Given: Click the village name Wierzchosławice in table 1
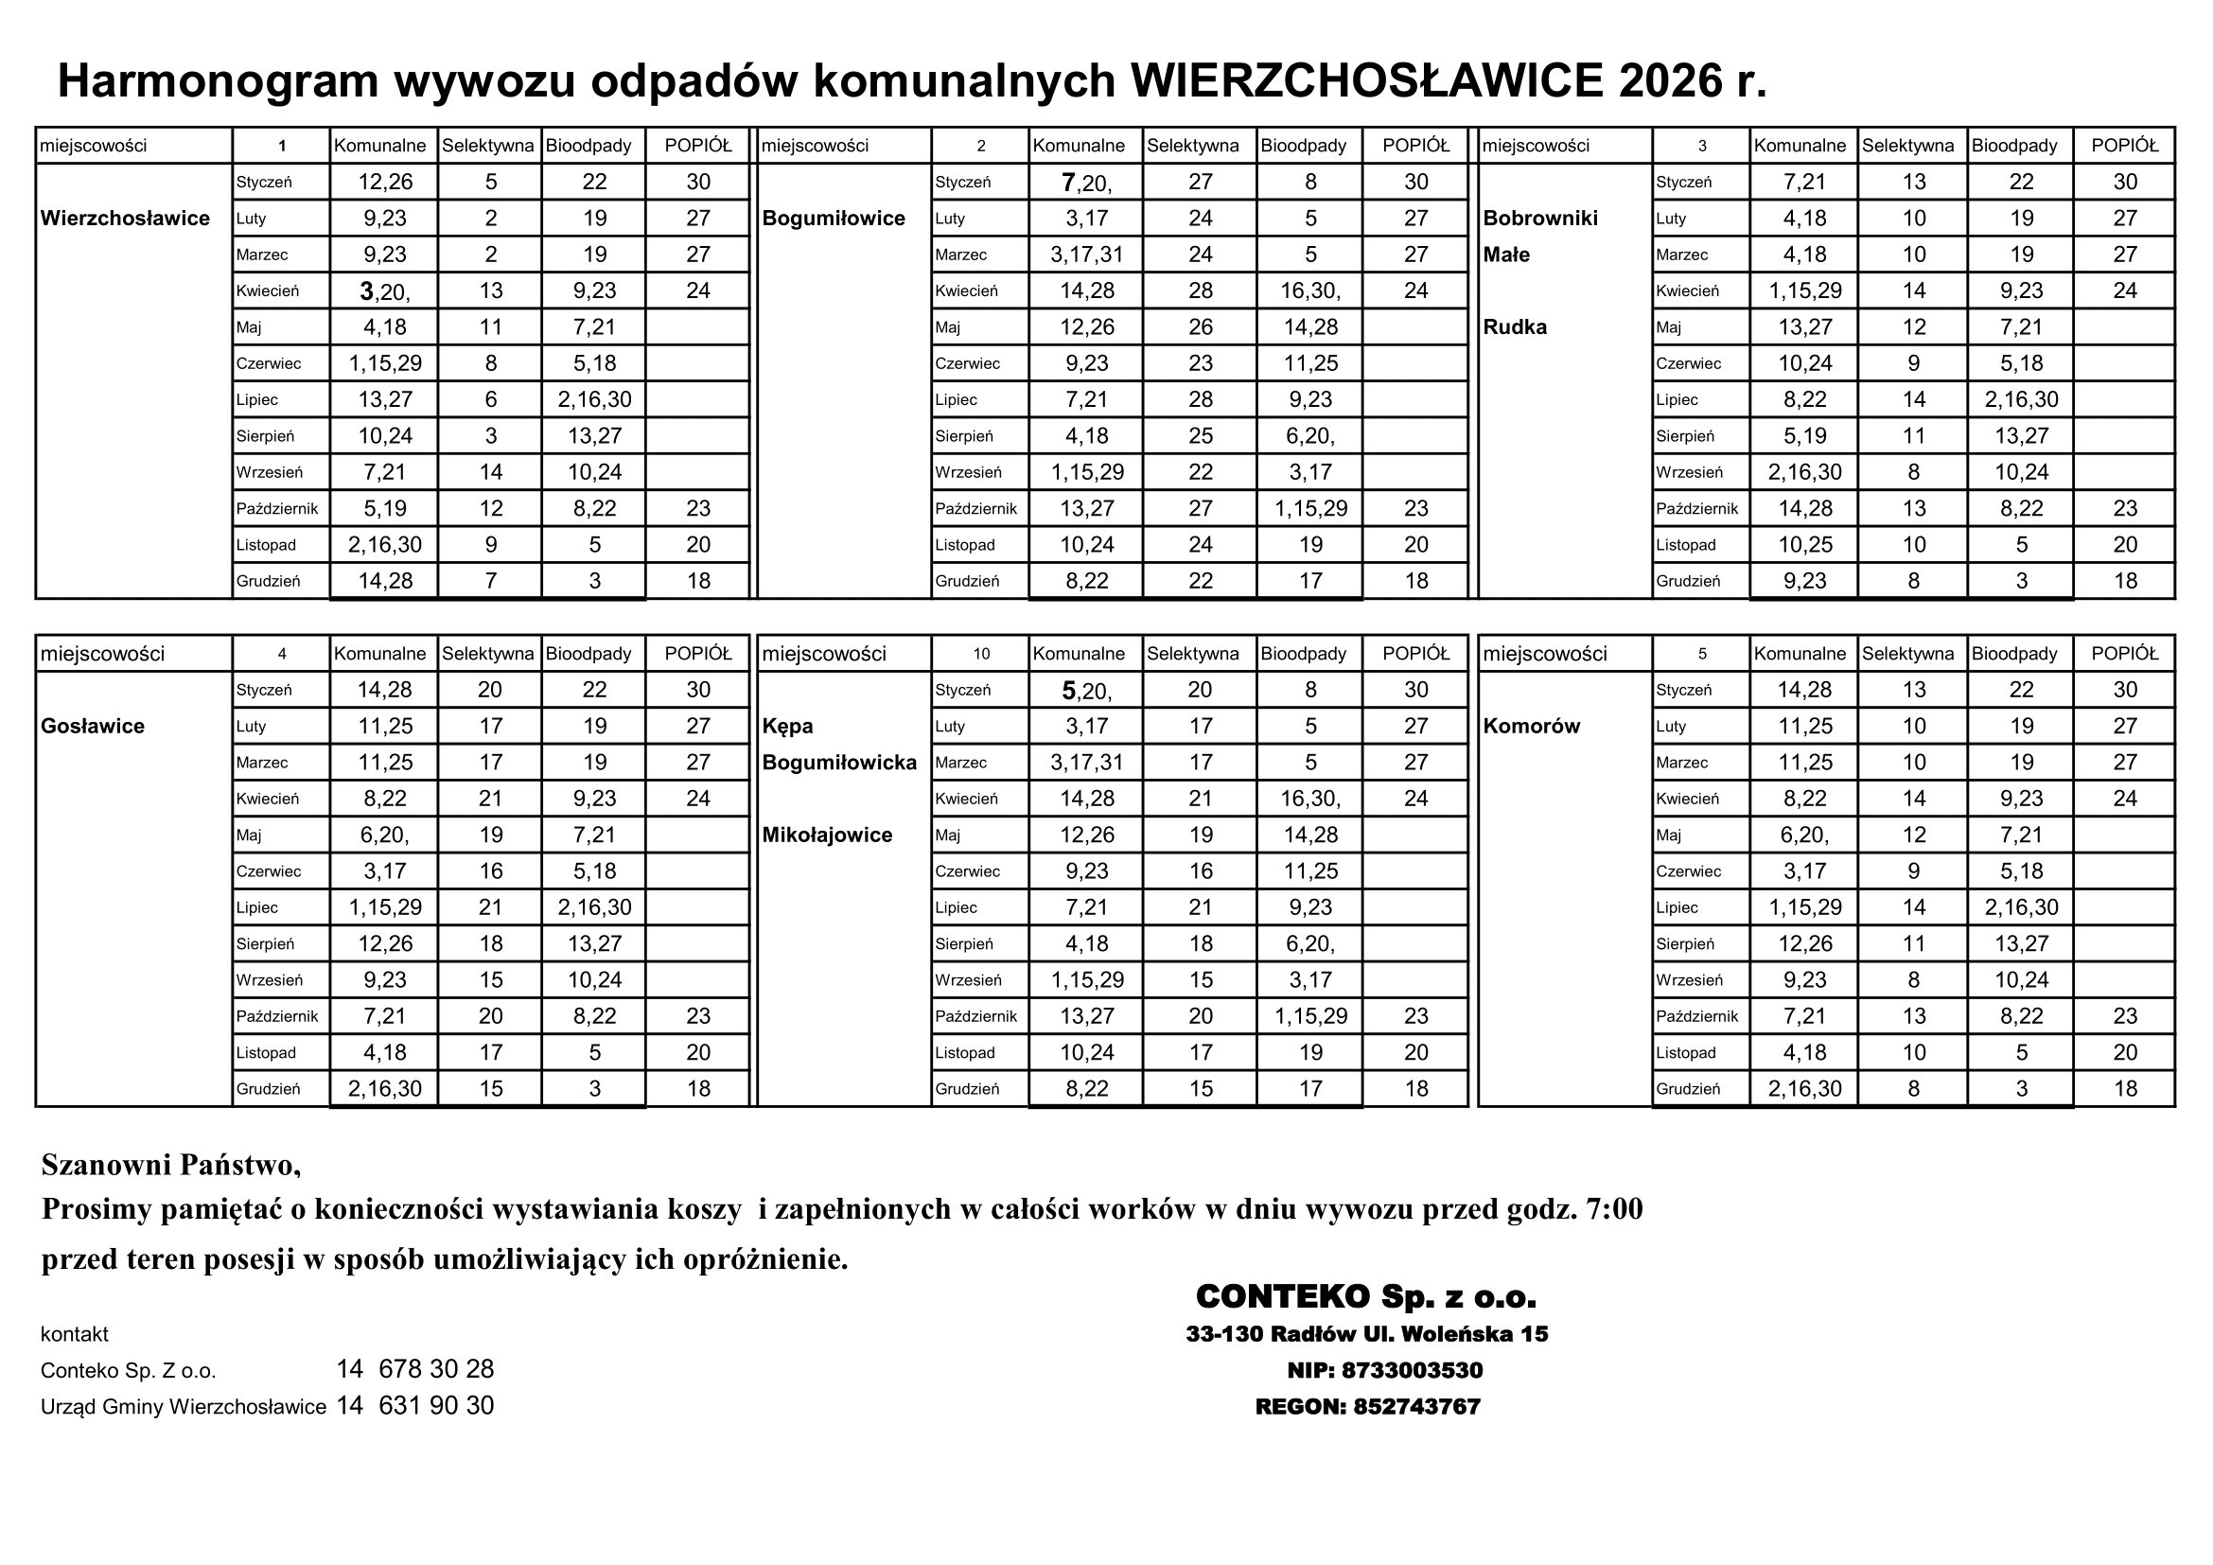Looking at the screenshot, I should (125, 219).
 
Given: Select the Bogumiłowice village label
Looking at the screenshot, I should (834, 219).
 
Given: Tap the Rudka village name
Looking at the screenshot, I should (1514, 327).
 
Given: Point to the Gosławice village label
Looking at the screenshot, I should (93, 727).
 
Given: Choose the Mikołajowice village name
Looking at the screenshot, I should (827, 835).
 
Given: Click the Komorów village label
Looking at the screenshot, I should (1531, 727).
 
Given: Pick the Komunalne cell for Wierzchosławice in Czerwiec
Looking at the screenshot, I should (384, 364).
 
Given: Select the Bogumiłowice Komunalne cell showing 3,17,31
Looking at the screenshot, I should (1086, 255).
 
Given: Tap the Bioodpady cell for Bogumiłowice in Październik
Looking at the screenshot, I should (1309, 509).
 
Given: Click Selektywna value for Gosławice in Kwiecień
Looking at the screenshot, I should (491, 799).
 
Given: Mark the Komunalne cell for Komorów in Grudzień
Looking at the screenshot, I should (1804, 1089).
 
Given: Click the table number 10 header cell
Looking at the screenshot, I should (980, 655).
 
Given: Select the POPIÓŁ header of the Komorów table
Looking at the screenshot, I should (2124, 655).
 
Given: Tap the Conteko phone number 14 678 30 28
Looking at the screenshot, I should (415, 1369).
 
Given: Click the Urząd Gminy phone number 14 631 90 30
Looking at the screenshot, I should (415, 1406).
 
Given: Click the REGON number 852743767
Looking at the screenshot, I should (1416, 1407).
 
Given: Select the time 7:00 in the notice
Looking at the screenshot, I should (1613, 1208).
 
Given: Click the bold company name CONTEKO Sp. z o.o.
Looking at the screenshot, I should (1366, 1297).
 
